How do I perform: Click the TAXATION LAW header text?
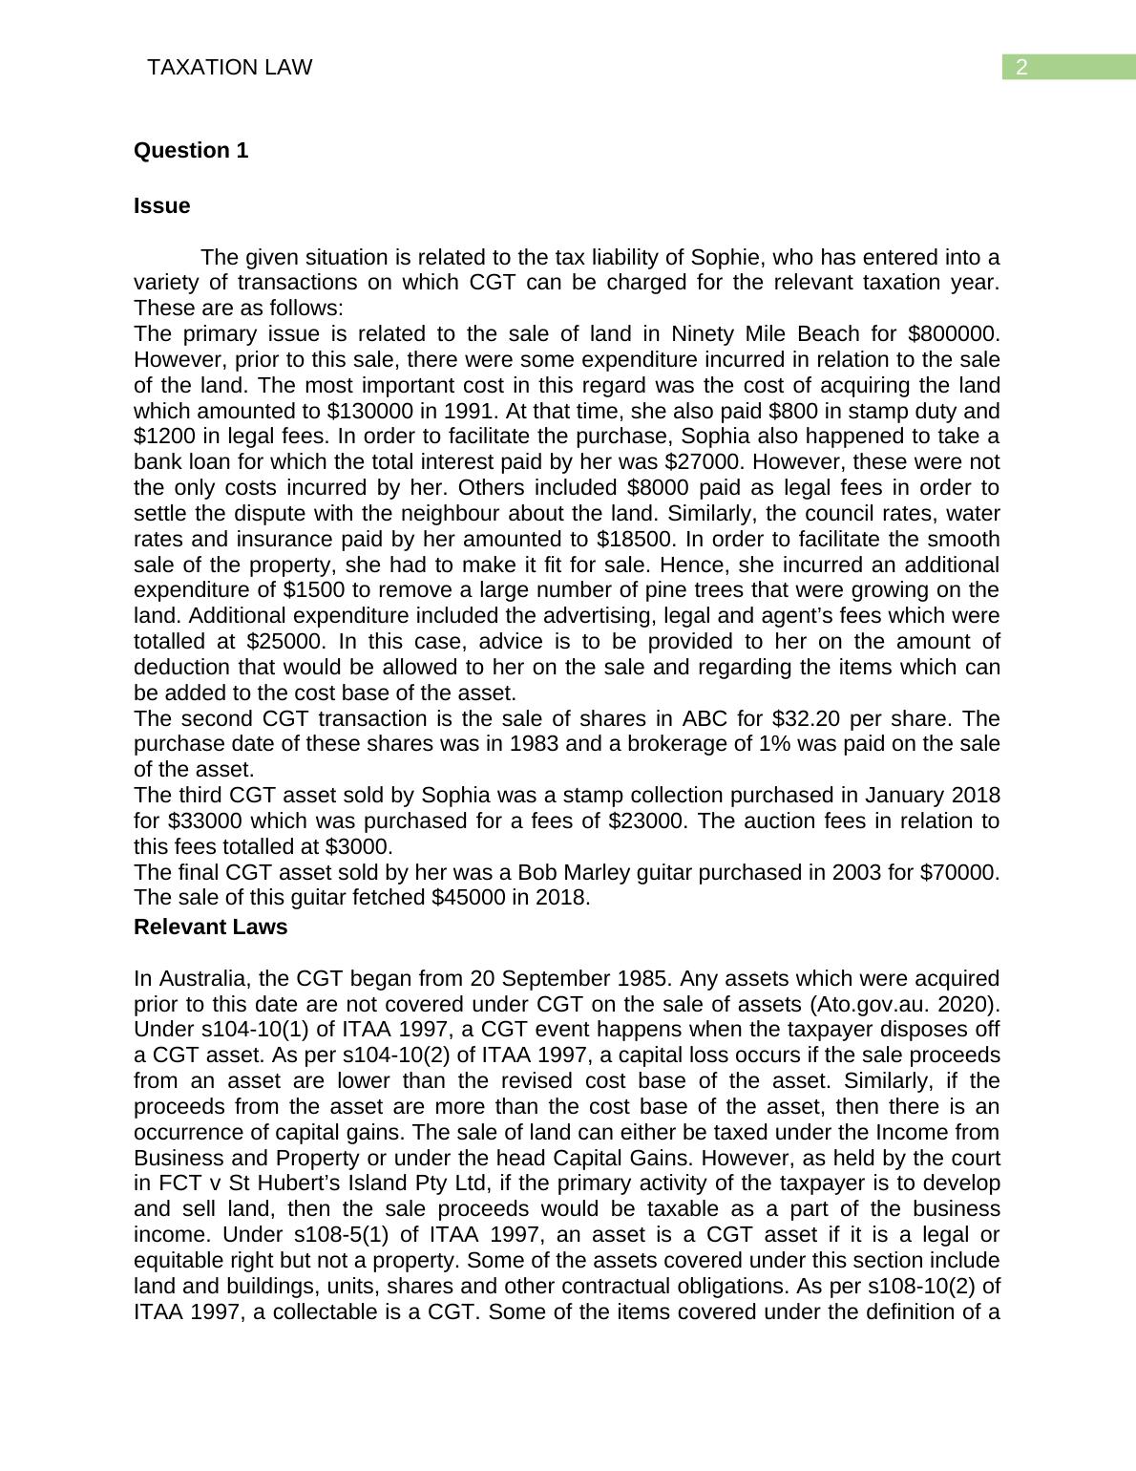tap(230, 67)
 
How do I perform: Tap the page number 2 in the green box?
tap(1021, 67)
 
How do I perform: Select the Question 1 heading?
tap(191, 151)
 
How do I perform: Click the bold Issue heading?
tap(161, 206)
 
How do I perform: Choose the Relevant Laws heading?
tap(210, 927)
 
